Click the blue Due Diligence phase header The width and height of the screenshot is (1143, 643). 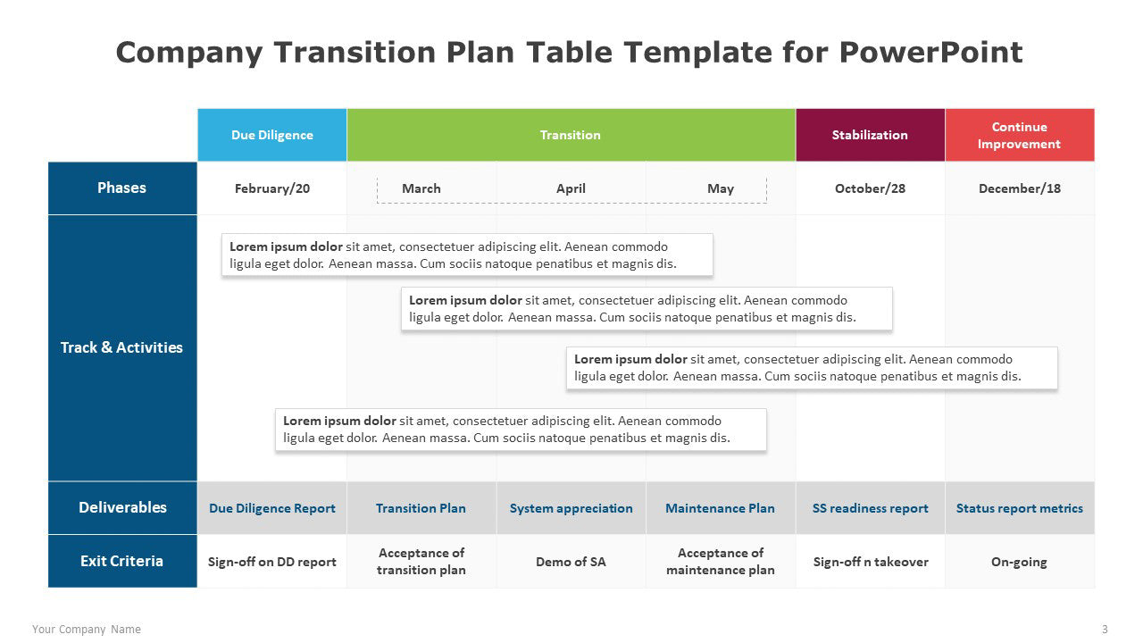[x=272, y=135]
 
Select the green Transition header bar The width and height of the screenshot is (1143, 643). [x=571, y=135]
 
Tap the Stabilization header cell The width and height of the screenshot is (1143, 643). [x=870, y=135]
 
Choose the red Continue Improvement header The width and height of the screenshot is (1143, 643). [x=1020, y=135]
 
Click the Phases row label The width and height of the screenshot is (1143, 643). [x=122, y=188]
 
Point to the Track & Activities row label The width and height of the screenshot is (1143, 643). [x=122, y=347]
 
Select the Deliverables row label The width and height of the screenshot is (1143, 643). [x=122, y=507]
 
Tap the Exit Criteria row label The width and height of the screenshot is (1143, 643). [x=122, y=561]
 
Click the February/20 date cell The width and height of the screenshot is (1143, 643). [x=272, y=188]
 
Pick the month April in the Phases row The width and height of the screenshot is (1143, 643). [x=571, y=188]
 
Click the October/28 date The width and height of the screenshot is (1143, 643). [x=870, y=188]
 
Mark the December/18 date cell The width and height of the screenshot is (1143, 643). [x=1020, y=188]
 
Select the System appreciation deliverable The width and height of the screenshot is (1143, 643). [x=571, y=508]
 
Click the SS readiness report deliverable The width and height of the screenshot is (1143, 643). [x=870, y=508]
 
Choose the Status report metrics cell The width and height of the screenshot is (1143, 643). [x=1020, y=508]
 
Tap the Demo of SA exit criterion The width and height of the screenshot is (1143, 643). [x=571, y=562]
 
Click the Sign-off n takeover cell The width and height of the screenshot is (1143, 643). [x=870, y=562]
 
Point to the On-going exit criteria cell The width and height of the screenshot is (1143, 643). [x=1020, y=562]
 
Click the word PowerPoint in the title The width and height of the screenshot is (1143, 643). [x=930, y=52]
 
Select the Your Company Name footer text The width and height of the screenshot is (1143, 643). [x=87, y=630]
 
